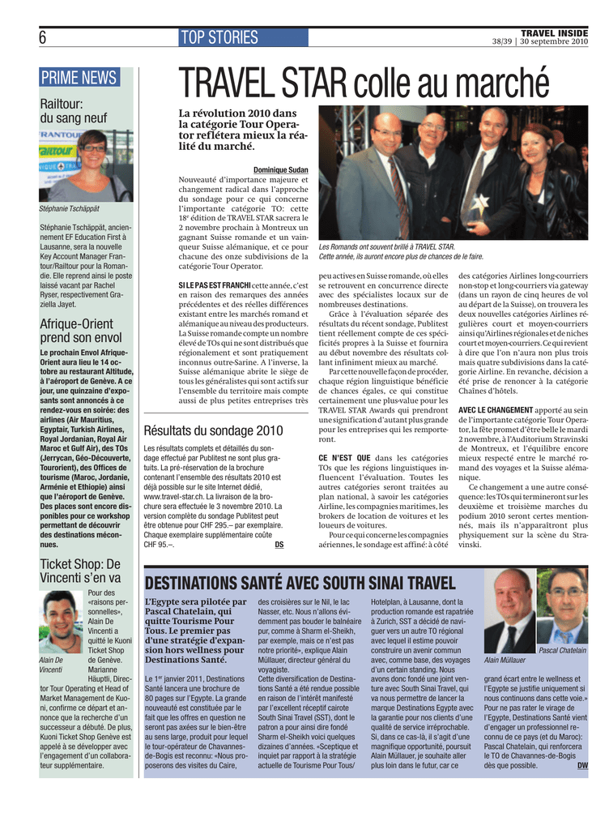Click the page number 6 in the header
pyautogui.click(x=42, y=37)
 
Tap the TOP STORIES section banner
pyautogui.click(x=219, y=37)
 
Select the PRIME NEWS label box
pyautogui.click(x=79, y=78)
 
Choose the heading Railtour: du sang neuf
pyautogui.click(x=74, y=111)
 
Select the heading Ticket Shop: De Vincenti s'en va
pyautogui.click(x=80, y=571)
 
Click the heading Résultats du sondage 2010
pyautogui.click(x=213, y=431)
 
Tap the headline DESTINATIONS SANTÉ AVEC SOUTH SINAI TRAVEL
pyautogui.click(x=300, y=584)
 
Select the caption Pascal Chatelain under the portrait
pyautogui.click(x=562, y=650)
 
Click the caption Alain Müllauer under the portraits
pyautogui.click(x=505, y=660)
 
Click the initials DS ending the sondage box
pyautogui.click(x=279, y=545)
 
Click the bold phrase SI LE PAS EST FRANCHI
pyautogui.click(x=214, y=285)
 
